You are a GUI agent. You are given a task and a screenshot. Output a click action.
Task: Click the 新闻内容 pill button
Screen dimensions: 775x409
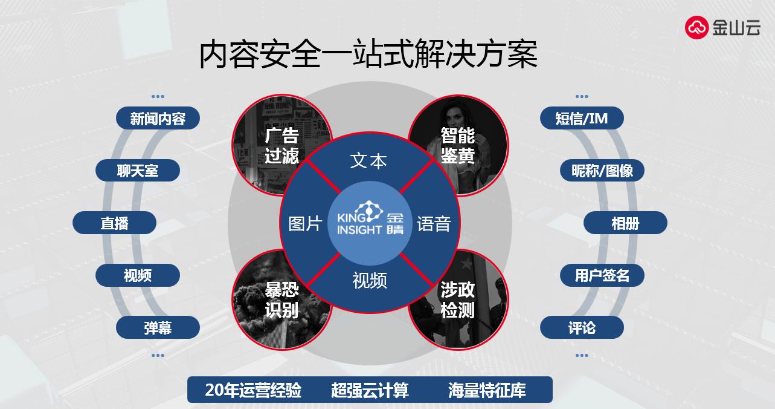[158, 118]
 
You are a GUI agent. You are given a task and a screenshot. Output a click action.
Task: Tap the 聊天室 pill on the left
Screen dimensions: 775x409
[138, 171]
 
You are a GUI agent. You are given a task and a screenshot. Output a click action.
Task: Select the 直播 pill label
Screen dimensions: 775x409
[115, 223]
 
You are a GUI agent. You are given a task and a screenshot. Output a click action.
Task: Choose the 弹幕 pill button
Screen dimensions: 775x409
[158, 327]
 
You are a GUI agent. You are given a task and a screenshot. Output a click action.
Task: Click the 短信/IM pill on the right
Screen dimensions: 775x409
[582, 118]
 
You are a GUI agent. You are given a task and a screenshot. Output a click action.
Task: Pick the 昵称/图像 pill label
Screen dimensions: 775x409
[602, 171]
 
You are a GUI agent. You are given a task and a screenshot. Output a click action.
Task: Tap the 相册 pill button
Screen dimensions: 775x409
[625, 223]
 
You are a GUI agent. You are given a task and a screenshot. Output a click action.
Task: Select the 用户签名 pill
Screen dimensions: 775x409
[602, 275]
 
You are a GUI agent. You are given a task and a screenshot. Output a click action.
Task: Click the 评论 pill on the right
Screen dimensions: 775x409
[582, 327]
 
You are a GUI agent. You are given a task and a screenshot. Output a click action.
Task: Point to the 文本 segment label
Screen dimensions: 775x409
[368, 161]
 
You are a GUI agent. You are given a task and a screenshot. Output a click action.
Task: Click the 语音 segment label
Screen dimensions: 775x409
[434, 224]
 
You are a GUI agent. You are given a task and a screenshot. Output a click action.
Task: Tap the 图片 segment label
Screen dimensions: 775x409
[305, 224]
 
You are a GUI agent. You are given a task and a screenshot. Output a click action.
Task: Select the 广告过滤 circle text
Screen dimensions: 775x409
[282, 146]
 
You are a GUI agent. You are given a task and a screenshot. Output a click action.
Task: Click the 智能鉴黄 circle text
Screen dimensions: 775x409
[458, 146]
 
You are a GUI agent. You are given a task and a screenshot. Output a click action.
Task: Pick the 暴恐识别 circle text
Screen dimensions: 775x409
[282, 300]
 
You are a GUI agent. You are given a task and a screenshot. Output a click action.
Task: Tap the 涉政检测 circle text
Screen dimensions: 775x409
[458, 300]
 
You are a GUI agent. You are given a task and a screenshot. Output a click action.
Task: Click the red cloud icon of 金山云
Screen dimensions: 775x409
[697, 27]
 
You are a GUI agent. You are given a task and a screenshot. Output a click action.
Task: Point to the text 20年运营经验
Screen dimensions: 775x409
[253, 390]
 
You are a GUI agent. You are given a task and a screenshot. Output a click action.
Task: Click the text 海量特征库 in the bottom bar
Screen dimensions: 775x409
[487, 390]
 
